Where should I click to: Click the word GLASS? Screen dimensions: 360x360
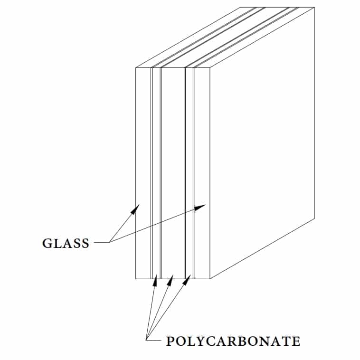[66, 243]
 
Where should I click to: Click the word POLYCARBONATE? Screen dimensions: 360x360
[233, 341]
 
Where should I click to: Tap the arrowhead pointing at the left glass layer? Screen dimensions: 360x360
[135, 209]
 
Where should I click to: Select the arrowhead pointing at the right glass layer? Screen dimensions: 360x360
[200, 207]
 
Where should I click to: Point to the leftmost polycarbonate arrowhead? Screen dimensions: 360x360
[155, 280]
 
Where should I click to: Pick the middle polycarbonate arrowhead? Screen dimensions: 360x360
[170, 280]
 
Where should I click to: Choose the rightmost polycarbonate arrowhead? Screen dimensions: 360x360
[187, 280]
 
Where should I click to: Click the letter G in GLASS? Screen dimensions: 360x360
[47, 243]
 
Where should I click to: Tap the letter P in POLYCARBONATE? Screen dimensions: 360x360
[170, 341]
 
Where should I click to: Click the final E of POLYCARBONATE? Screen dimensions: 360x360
[296, 341]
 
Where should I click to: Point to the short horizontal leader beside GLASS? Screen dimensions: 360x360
[102, 242]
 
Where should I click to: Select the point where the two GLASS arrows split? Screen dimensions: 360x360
[110, 242]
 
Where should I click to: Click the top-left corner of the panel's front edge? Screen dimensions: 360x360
[136, 68]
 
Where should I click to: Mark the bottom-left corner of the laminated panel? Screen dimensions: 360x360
[136, 279]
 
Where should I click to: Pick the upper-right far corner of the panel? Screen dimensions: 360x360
[314, 7]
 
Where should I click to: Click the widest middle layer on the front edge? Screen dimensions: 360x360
[173, 173]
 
